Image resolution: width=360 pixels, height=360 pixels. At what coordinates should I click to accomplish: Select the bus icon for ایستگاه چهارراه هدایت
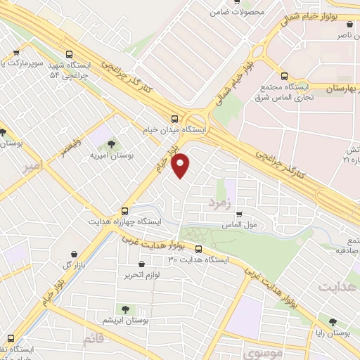[124, 210]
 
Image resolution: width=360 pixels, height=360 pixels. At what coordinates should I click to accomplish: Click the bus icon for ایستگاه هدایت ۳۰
[198, 249]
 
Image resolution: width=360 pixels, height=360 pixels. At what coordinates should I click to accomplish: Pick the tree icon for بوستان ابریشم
[125, 309]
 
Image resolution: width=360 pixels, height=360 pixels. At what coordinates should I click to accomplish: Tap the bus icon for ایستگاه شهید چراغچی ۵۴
[69, 53]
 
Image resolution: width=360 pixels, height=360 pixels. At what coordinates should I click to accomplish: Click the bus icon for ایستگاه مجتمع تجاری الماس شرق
[284, 76]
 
